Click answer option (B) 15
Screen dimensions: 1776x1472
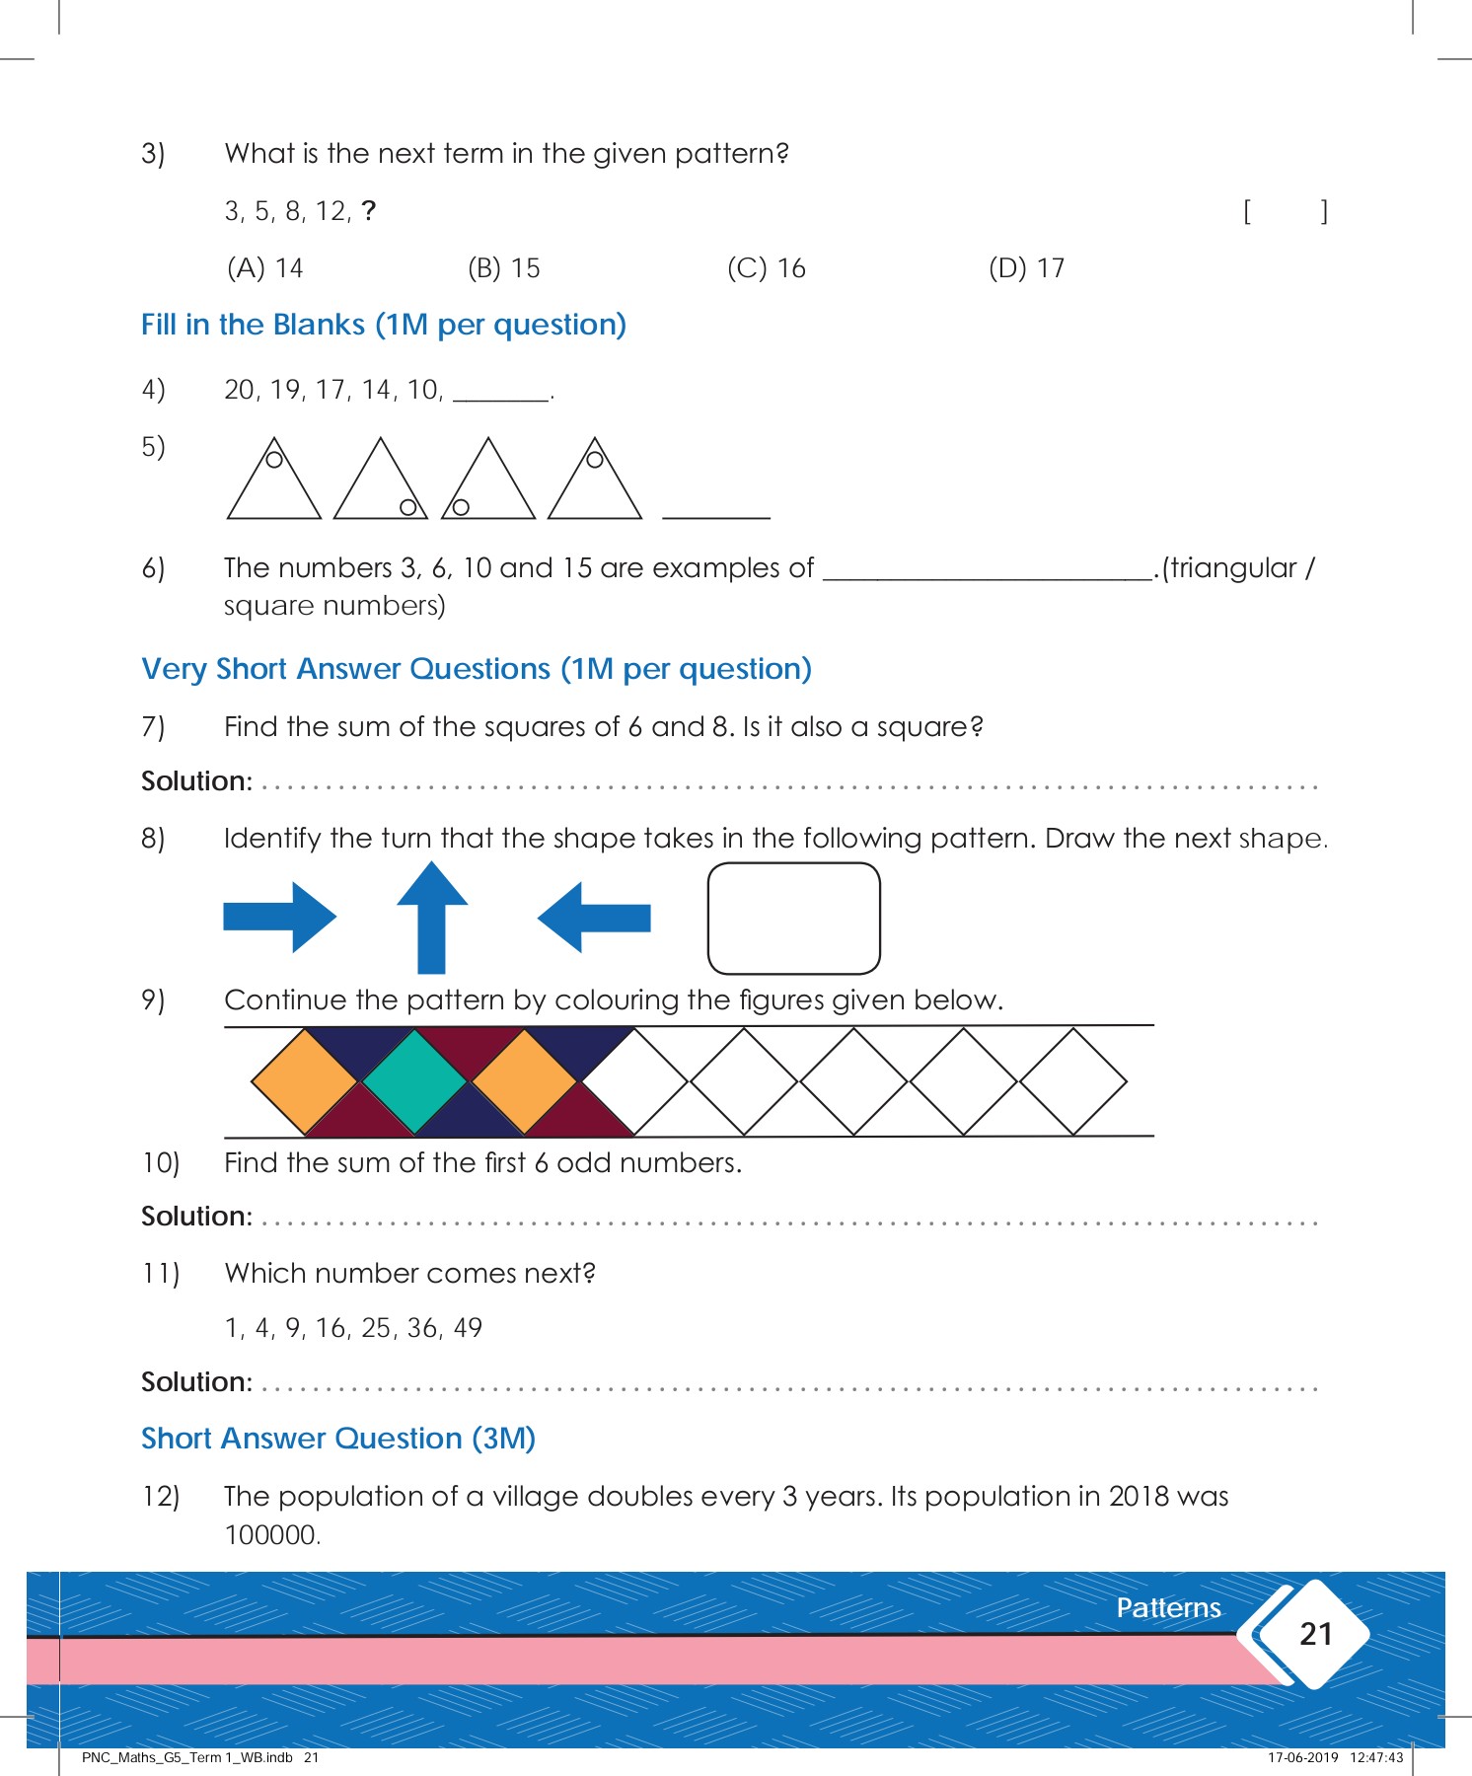[x=504, y=268]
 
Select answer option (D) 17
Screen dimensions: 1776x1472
[x=1026, y=268]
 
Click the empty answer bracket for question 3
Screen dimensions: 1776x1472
[x=1285, y=211]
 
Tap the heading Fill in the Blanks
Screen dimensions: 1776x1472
[x=383, y=325]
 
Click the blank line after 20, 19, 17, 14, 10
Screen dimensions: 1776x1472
[x=501, y=393]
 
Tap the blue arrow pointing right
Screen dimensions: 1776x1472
[x=280, y=918]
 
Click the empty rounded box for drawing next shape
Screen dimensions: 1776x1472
[x=793, y=918]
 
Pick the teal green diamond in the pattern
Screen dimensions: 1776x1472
[x=414, y=1081]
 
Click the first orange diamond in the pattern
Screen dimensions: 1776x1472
[x=305, y=1081]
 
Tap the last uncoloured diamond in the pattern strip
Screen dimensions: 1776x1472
[x=1072, y=1081]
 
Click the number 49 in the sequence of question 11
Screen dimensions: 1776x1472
[x=468, y=1328]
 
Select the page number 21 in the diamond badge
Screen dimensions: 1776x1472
[x=1316, y=1634]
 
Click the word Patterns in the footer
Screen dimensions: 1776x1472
[x=1168, y=1608]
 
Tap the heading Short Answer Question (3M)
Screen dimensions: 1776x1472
[x=338, y=1439]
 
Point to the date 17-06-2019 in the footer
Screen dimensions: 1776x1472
[x=1302, y=1757]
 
